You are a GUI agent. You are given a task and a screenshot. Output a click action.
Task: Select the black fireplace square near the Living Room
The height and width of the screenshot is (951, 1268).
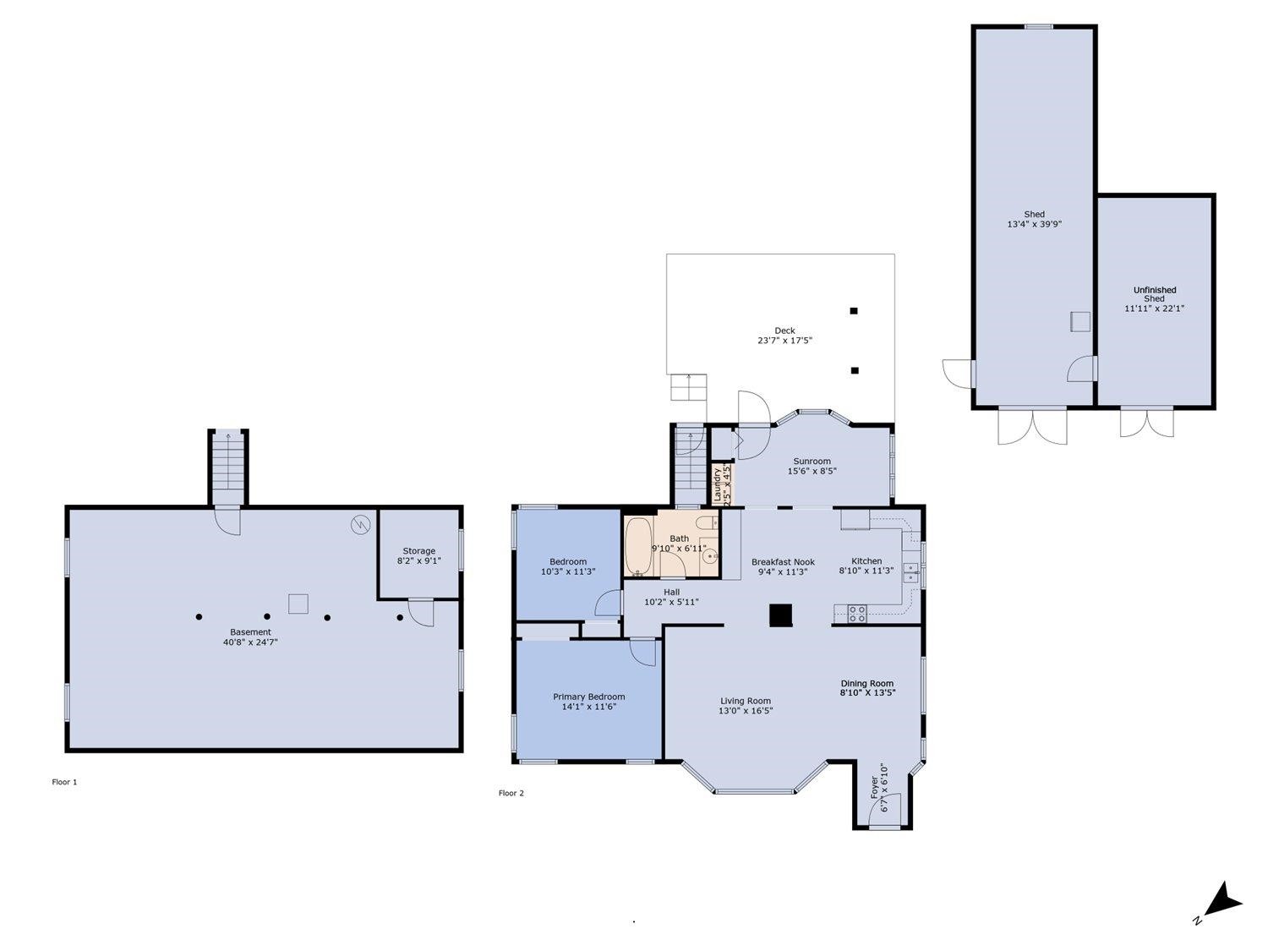pyautogui.click(x=780, y=615)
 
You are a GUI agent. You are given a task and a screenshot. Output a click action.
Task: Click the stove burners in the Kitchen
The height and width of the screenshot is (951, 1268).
pyautogui.click(x=856, y=613)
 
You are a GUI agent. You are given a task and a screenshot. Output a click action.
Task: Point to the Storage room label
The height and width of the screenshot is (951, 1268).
pyautogui.click(x=418, y=551)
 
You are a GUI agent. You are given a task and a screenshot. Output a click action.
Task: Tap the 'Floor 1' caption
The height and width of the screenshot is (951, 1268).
pyautogui.click(x=64, y=782)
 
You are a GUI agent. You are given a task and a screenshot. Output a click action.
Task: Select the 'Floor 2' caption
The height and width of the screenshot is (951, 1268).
pyautogui.click(x=511, y=793)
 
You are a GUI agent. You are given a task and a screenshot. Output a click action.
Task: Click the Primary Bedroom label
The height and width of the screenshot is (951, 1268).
pyautogui.click(x=588, y=697)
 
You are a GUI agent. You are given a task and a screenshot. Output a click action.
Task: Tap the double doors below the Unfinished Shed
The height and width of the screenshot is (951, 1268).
pyautogui.click(x=1146, y=422)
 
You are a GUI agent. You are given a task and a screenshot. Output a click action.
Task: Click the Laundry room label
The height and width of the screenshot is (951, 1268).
pyautogui.click(x=718, y=484)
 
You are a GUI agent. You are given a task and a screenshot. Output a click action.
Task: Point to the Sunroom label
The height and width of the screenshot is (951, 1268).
pyautogui.click(x=812, y=462)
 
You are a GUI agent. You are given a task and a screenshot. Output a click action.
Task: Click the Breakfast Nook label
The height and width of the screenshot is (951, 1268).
pyautogui.click(x=783, y=561)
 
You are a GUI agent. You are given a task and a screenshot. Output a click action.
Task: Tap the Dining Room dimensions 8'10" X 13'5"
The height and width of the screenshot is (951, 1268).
pyautogui.click(x=867, y=693)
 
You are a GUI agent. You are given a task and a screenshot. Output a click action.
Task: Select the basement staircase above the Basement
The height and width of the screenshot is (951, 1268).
pyautogui.click(x=228, y=467)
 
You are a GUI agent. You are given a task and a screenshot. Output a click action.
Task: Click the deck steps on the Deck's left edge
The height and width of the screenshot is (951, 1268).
pyautogui.click(x=688, y=387)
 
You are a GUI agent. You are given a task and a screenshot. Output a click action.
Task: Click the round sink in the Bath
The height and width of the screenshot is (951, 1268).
pyautogui.click(x=710, y=556)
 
